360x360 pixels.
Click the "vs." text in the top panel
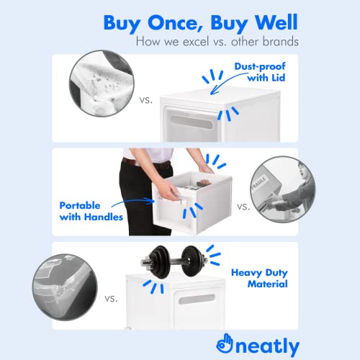pyautogui.click(x=146, y=100)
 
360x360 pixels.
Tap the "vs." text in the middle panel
pyautogui.click(x=243, y=207)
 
